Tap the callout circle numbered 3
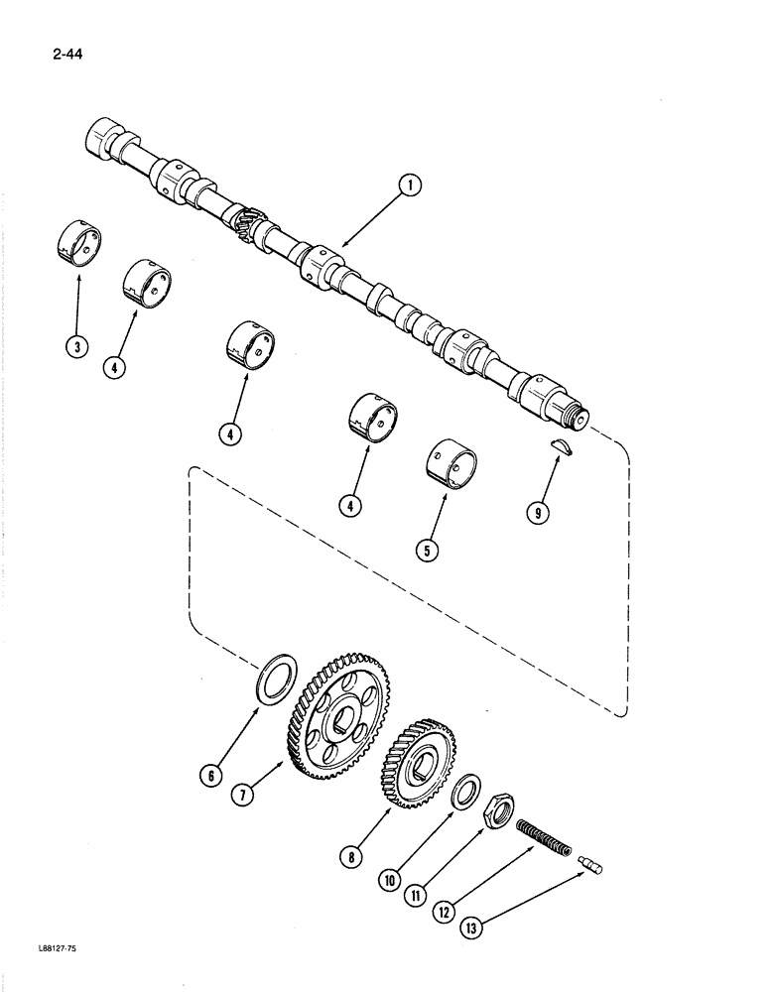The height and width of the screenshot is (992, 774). (77, 346)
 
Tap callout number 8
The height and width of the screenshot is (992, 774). (351, 857)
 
